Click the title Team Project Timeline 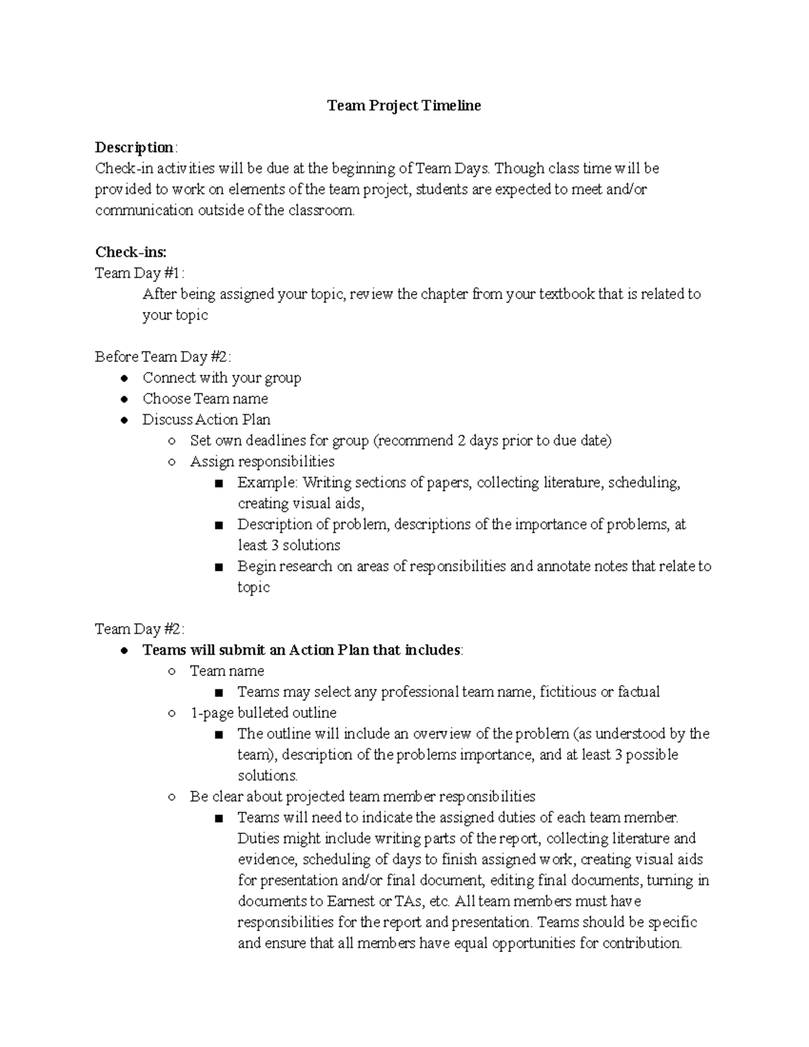404,106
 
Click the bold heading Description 134,148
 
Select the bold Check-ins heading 130,252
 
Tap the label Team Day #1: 139,273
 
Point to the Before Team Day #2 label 162,357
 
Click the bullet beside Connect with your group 124,378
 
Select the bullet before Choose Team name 124,399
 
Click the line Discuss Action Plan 206,420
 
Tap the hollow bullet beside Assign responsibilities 173,462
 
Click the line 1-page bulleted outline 263,713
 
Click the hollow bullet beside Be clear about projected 173,797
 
